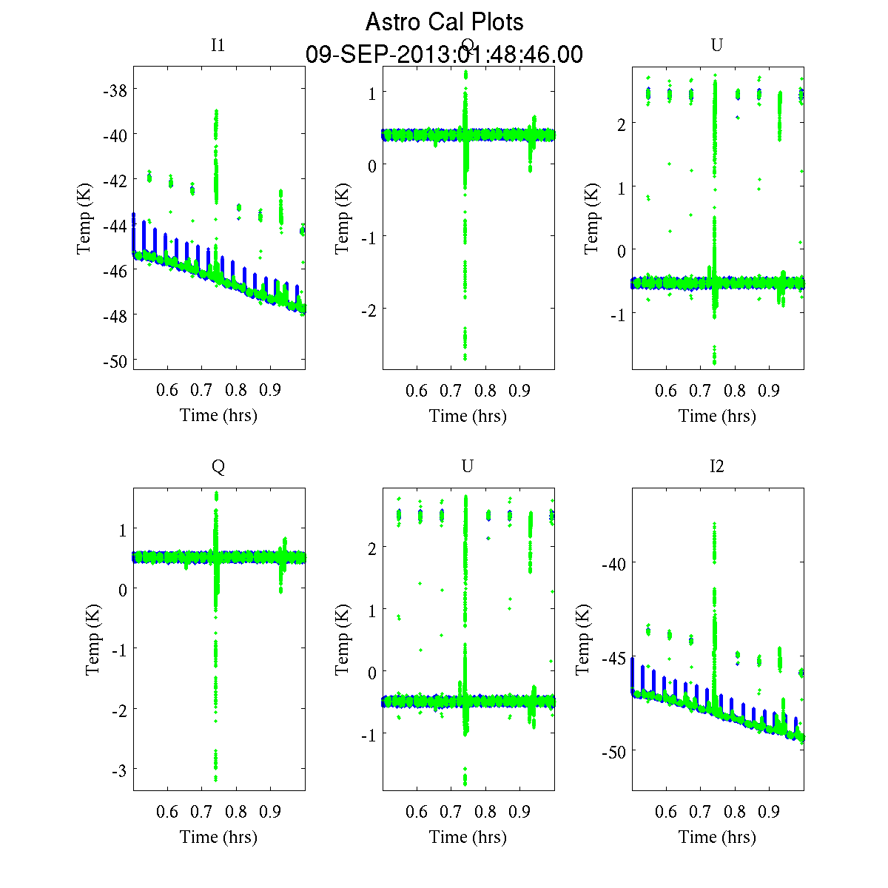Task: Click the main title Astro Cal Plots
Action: pyautogui.click(x=444, y=22)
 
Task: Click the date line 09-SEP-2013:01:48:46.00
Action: pyautogui.click(x=444, y=55)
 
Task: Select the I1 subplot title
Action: pyautogui.click(x=218, y=45)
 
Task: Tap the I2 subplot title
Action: pyautogui.click(x=716, y=466)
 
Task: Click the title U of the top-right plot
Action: pyautogui.click(x=716, y=45)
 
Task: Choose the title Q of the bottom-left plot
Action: pyautogui.click(x=218, y=466)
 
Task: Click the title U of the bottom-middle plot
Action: pyautogui.click(x=467, y=466)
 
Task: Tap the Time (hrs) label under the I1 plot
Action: pyautogui.click(x=218, y=415)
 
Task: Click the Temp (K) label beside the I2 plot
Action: pyautogui.click(x=584, y=639)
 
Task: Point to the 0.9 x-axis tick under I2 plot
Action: pyautogui.click(x=769, y=812)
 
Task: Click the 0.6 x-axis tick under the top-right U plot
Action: pyautogui.click(x=666, y=391)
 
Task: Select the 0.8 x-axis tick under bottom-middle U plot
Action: pyautogui.click(x=485, y=812)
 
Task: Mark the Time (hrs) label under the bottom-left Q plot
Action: pyautogui.click(x=218, y=837)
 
